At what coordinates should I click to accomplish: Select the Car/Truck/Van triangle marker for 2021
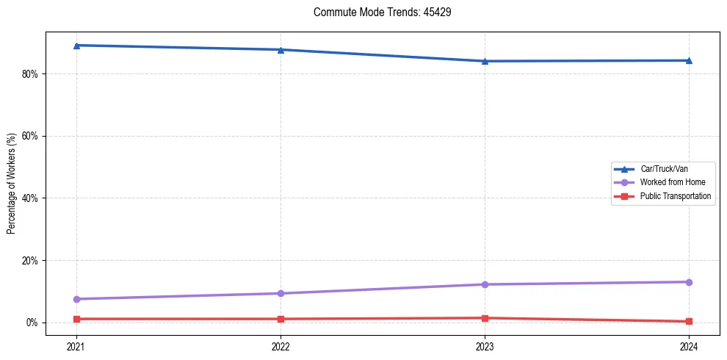(76, 46)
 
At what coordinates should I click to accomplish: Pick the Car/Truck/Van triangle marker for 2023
(485, 61)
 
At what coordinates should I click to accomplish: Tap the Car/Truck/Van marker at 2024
(689, 60)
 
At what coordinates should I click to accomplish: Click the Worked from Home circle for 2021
(76, 299)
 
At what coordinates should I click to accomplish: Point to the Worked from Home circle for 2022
(281, 293)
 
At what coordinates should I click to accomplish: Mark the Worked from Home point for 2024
(689, 282)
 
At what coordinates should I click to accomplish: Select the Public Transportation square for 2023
(485, 318)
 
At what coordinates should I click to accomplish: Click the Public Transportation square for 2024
(689, 321)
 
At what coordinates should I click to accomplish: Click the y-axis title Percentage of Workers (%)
(12, 182)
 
